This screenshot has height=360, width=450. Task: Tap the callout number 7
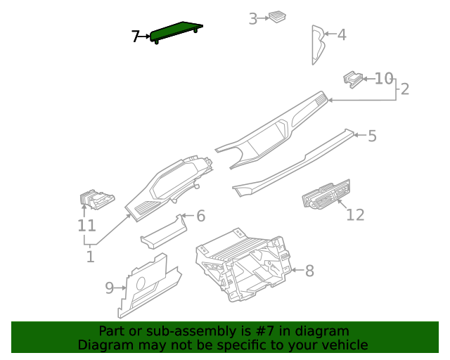136,37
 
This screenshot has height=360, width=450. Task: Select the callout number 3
253,19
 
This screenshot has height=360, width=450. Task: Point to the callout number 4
342,34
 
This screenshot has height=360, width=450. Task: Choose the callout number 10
384,78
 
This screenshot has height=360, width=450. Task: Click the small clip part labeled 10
353,79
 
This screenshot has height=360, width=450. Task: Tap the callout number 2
405,89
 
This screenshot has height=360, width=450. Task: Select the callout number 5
372,136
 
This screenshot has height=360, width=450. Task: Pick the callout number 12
355,214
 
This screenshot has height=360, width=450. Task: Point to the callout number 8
309,270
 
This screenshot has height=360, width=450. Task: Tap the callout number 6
200,216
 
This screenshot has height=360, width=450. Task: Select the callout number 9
110,288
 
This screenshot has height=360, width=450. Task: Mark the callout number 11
86,226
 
